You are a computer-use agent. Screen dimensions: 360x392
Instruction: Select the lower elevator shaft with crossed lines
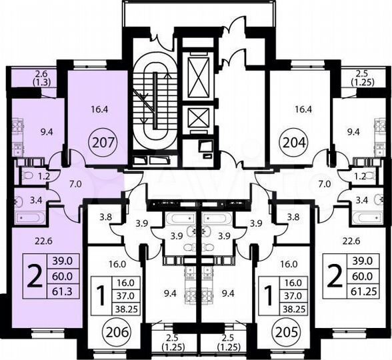click(x=198, y=117)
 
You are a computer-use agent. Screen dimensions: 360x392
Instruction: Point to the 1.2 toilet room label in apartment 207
click(x=45, y=178)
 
